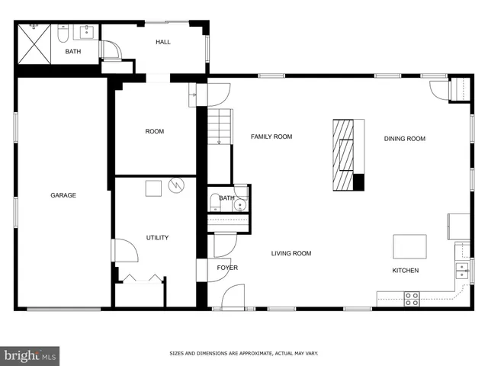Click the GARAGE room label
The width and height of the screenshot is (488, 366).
(x=63, y=195)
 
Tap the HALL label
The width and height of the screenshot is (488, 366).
(x=163, y=42)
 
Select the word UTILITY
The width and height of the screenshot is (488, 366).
(x=157, y=238)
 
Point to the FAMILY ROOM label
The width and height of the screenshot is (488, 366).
(x=271, y=136)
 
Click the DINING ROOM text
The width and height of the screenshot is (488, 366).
(x=404, y=139)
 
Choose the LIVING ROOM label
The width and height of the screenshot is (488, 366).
(x=291, y=253)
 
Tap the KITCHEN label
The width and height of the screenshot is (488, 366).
(x=405, y=271)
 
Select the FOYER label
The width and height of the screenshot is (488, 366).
(x=227, y=268)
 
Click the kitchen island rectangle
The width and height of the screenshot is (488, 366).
(x=409, y=247)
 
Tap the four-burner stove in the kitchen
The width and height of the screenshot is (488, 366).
(x=412, y=299)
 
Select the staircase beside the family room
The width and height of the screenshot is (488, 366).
(x=220, y=127)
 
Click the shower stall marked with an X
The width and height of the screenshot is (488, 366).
(x=34, y=42)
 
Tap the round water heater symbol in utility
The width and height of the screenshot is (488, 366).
(x=177, y=185)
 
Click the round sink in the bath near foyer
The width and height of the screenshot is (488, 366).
(x=242, y=204)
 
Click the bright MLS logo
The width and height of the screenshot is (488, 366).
(x=30, y=355)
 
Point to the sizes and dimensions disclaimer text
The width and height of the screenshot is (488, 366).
(x=243, y=353)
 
